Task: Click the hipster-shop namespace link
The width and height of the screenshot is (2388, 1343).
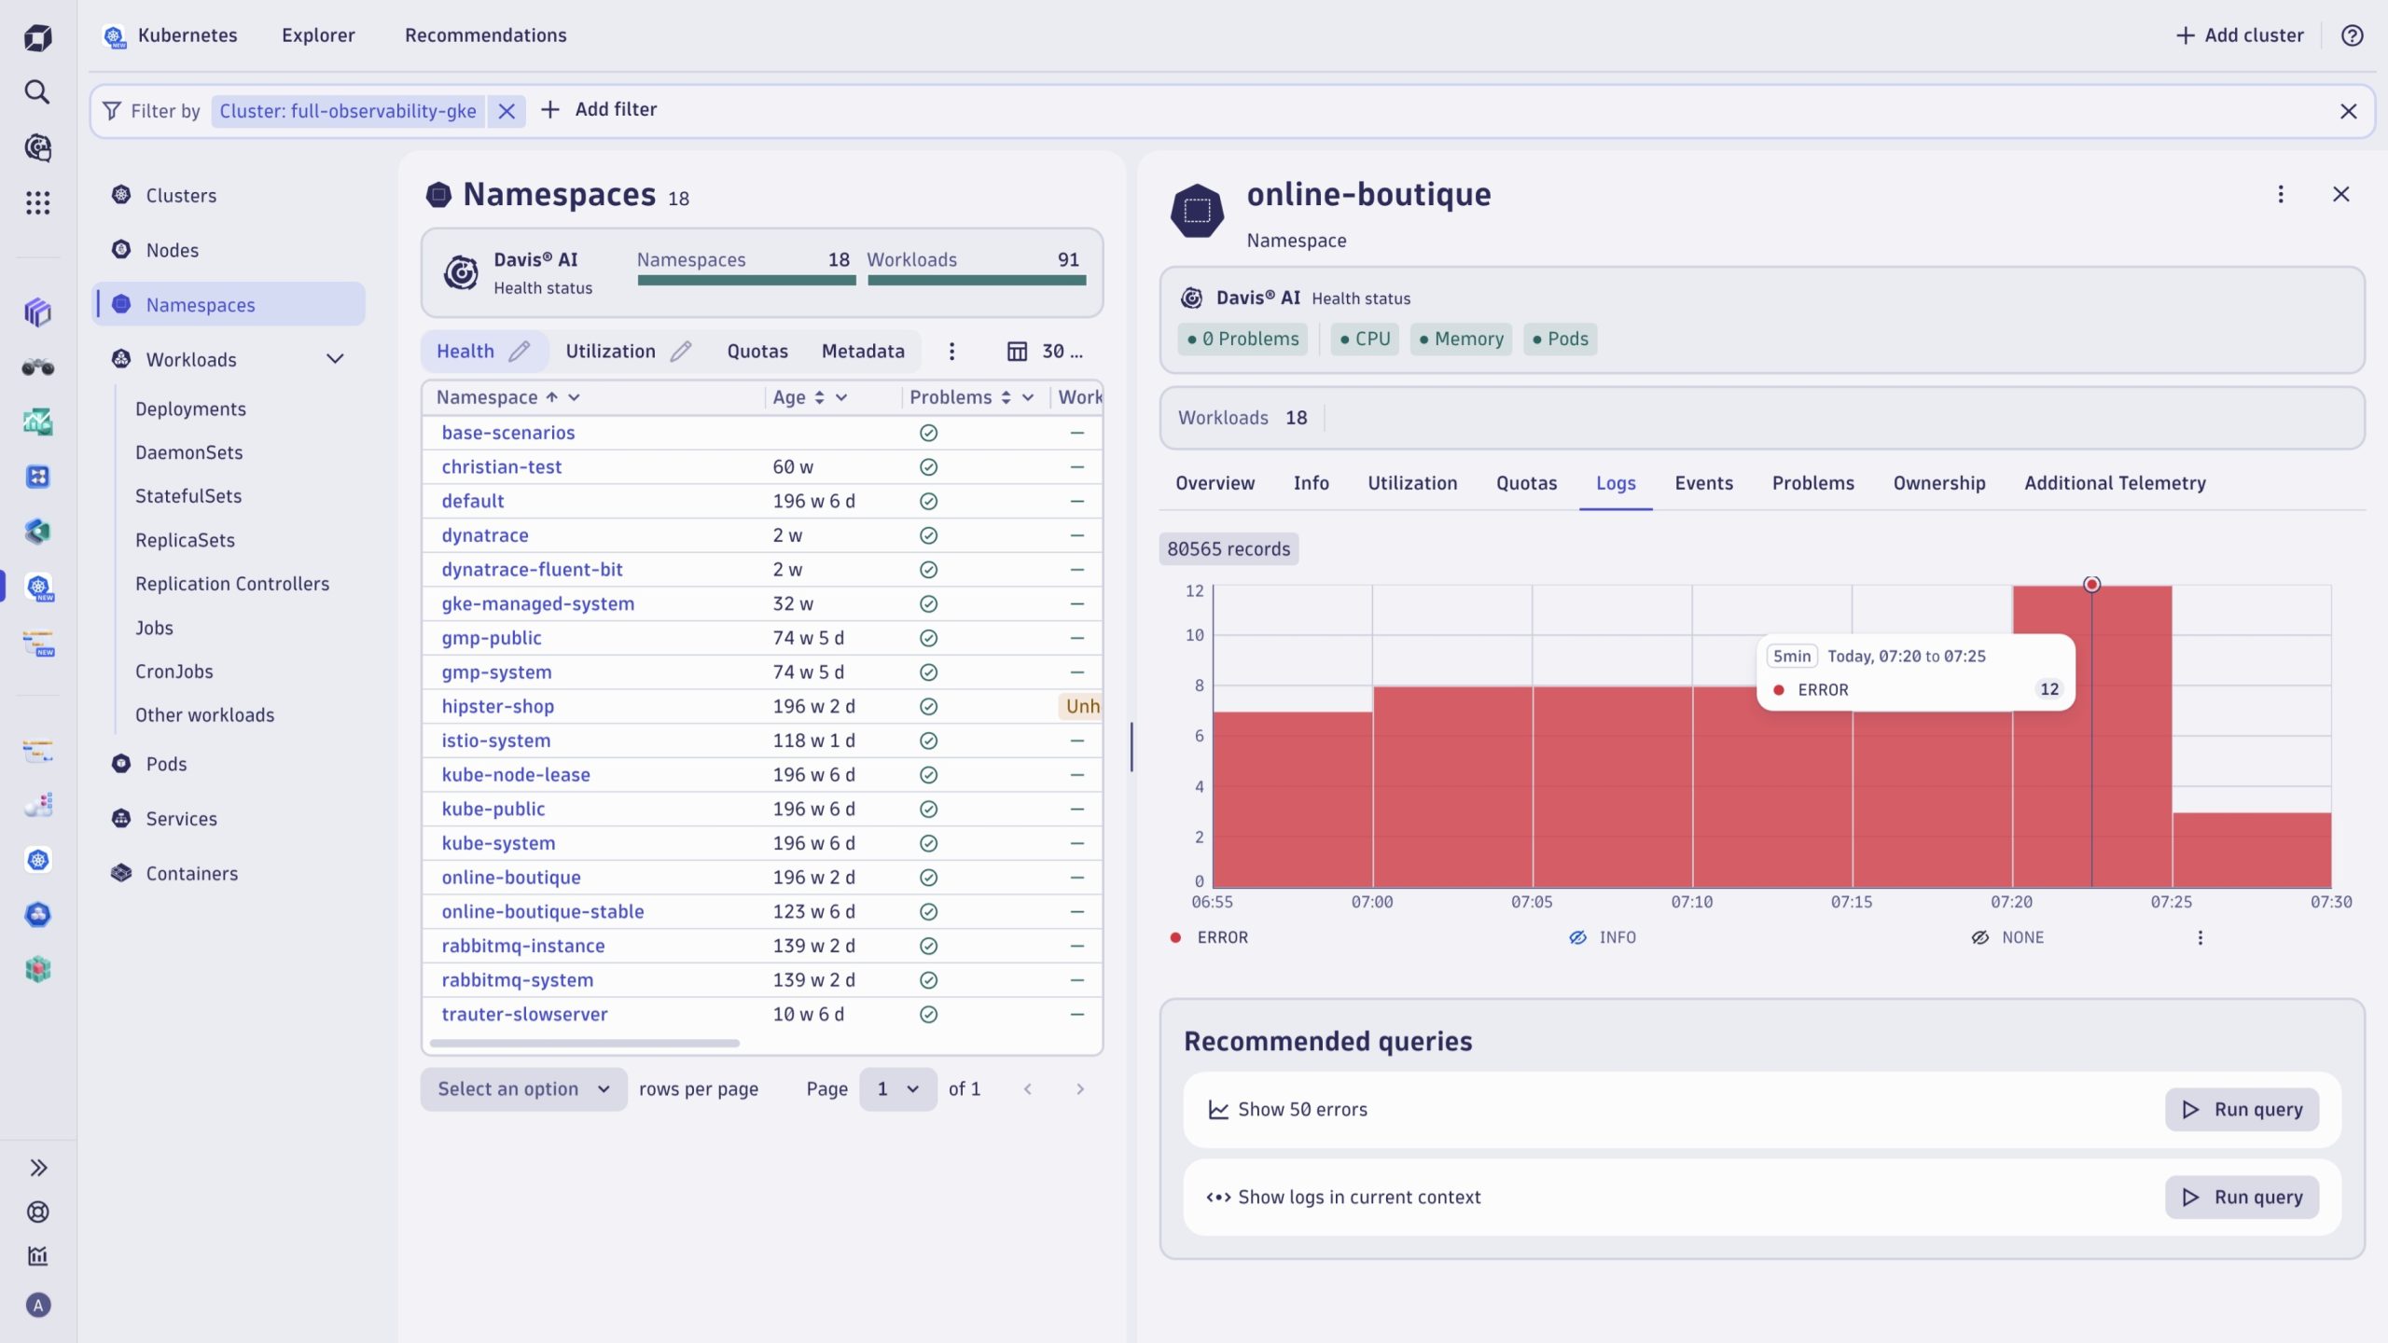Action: point(497,706)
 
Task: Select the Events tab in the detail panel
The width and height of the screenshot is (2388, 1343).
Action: point(1703,483)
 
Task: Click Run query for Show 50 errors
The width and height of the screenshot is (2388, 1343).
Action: point(2242,1109)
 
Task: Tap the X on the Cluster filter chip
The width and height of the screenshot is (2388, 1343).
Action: point(507,111)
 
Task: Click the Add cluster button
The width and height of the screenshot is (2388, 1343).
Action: point(2240,35)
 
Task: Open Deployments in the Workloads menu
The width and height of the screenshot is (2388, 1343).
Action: point(190,408)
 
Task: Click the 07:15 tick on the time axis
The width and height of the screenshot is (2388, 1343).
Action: point(1851,902)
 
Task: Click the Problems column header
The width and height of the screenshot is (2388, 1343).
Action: point(951,397)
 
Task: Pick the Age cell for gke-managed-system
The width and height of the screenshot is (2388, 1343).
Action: point(793,603)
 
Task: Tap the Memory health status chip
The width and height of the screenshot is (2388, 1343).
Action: point(1461,339)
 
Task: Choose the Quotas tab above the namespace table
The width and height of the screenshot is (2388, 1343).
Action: point(757,352)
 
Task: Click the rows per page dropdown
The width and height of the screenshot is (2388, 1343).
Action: point(523,1089)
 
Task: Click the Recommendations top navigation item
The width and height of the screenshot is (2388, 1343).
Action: point(485,35)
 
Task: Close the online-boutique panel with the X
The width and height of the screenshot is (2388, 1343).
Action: point(2340,194)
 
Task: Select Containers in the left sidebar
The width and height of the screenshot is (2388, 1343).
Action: point(191,873)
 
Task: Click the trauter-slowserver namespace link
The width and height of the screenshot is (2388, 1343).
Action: point(524,1014)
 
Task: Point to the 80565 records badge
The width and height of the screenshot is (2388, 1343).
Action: point(1229,549)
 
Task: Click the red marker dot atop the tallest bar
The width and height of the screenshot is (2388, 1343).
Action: point(2091,585)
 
